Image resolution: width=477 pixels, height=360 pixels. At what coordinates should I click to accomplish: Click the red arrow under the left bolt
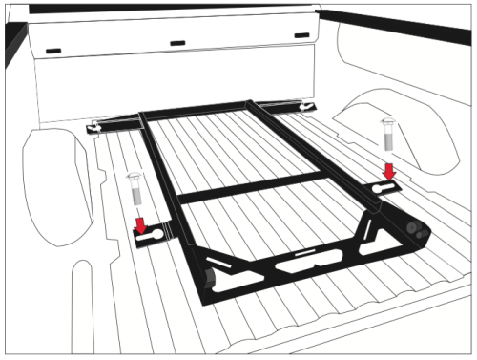(x=140, y=226)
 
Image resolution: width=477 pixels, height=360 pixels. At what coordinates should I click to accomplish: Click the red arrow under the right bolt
(x=387, y=170)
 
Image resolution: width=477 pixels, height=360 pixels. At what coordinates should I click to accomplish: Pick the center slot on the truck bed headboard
(x=178, y=42)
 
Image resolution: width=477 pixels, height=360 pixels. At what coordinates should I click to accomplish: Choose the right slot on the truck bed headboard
(x=302, y=36)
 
